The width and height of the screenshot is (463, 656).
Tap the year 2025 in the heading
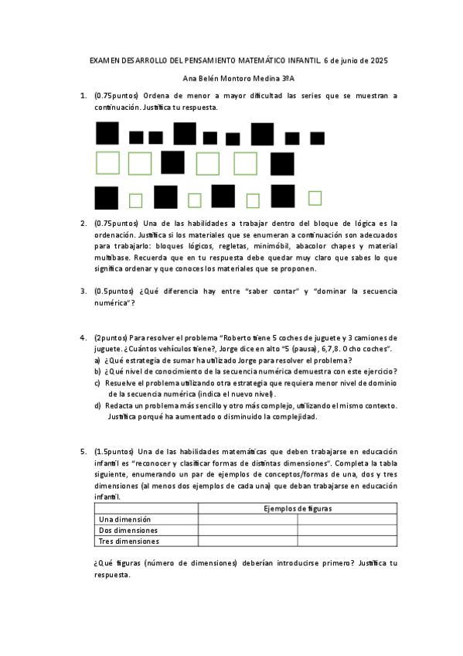pos(378,60)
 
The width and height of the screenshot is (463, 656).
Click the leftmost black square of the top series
pos(107,133)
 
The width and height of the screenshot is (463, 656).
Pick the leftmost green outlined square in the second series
pos(107,163)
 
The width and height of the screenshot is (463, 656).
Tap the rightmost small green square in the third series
pos(315,198)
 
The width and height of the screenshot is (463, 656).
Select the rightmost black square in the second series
pos(283,163)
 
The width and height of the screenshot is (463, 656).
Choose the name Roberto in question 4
pos(240,338)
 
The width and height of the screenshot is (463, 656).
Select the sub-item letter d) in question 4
pos(97,405)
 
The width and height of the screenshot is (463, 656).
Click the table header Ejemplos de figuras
pos(298,507)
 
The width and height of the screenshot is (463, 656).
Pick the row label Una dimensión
pos(125,519)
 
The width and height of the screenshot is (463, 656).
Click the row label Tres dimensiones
pos(128,542)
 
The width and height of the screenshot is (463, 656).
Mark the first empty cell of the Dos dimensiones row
pos(247,530)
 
